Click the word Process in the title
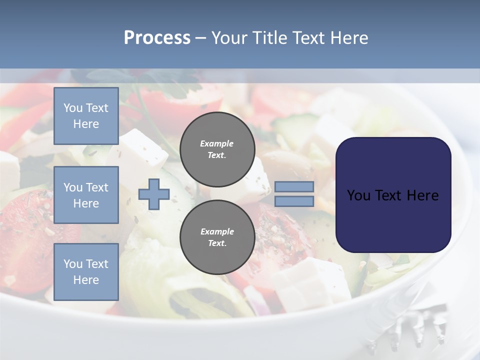157,38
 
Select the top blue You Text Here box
86,116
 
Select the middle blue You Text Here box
86,195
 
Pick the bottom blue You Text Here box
86,272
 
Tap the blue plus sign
154,194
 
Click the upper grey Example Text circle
217,149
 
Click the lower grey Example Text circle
217,237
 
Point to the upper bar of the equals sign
294,187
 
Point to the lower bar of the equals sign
294,201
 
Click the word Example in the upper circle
217,143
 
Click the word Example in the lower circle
217,231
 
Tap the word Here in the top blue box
86,124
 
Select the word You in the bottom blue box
72,264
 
